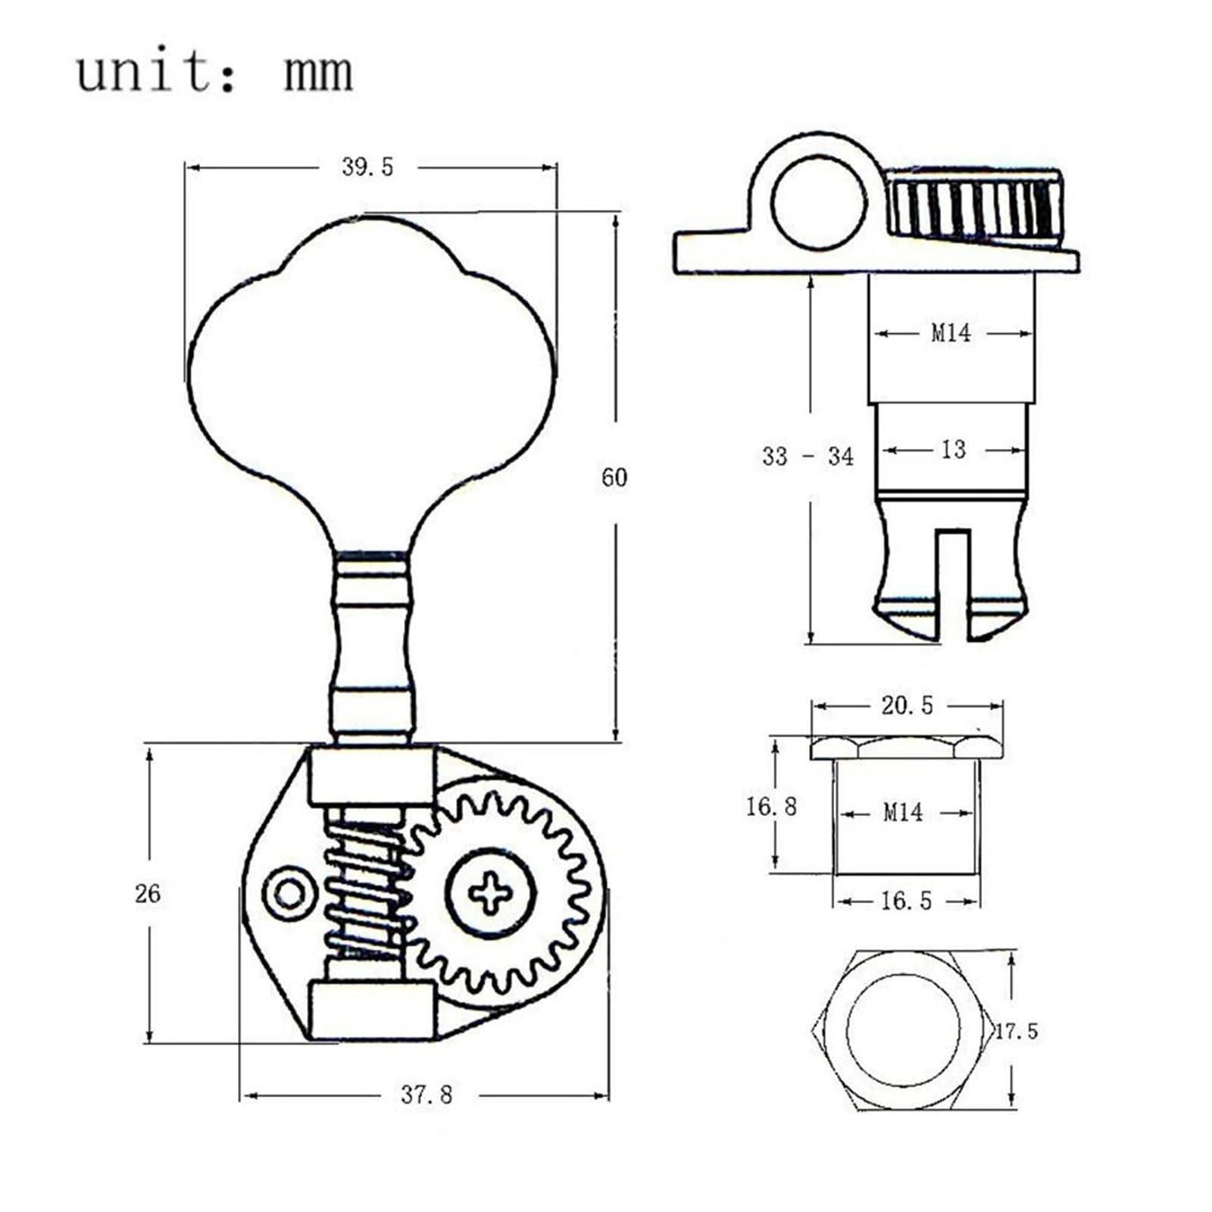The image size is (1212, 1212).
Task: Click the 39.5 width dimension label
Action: tap(367, 167)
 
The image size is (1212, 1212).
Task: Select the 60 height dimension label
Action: tap(614, 477)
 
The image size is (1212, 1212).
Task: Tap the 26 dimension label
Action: tap(148, 894)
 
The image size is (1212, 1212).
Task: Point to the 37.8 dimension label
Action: tap(426, 1095)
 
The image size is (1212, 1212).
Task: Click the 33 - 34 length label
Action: tap(807, 456)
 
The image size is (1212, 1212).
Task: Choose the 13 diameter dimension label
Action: tap(953, 450)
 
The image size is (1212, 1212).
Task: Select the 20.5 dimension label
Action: tap(907, 705)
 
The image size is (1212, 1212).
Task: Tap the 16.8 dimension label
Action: tap(771, 806)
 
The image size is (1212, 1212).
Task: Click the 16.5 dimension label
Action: tap(906, 901)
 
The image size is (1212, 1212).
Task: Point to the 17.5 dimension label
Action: tap(1016, 1031)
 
